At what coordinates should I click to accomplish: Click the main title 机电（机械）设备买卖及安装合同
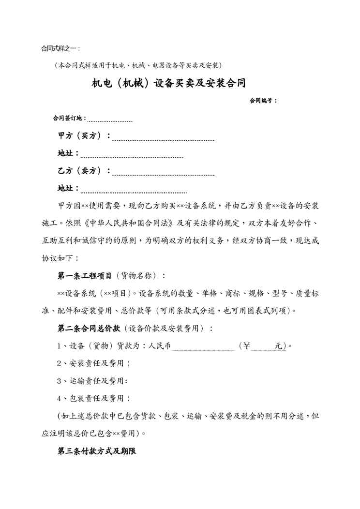pyautogui.click(x=168, y=83)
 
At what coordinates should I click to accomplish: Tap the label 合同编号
pyautogui.click(x=263, y=101)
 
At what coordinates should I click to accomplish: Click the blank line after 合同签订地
pyautogui.click(x=110, y=119)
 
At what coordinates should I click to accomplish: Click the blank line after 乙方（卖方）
pyautogui.click(x=163, y=172)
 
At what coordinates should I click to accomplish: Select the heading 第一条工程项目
pyautogui.click(x=85, y=275)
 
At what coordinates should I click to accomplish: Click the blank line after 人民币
pyautogui.click(x=203, y=346)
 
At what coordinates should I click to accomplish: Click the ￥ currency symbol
pyautogui.click(x=247, y=346)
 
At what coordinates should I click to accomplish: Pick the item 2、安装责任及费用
pyautogui.click(x=93, y=363)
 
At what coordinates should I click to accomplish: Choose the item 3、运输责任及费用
pyautogui.click(x=93, y=381)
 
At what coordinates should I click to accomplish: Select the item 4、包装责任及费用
pyautogui.click(x=93, y=399)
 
